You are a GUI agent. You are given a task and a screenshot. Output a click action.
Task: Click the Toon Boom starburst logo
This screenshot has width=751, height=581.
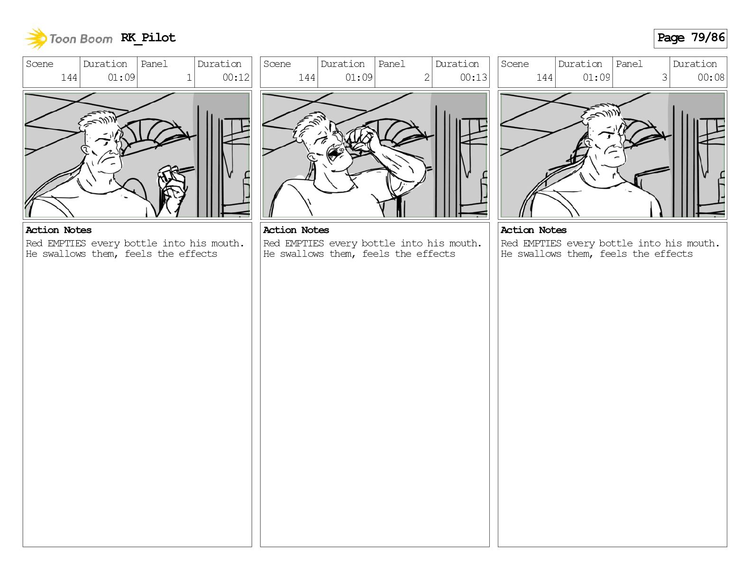click(36, 38)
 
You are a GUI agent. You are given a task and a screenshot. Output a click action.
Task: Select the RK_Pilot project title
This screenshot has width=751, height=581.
click(148, 37)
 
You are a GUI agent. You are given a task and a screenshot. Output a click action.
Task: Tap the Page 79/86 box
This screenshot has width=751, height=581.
click(690, 38)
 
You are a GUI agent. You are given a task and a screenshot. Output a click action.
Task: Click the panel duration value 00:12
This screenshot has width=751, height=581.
click(236, 77)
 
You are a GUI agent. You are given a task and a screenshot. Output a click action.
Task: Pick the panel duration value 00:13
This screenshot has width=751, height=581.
click(473, 77)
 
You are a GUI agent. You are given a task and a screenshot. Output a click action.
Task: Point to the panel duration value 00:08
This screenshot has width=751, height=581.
click(711, 77)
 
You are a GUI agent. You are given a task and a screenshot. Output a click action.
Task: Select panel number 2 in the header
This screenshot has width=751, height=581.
click(427, 77)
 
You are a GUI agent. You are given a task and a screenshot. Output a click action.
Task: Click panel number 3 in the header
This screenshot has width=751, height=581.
click(664, 77)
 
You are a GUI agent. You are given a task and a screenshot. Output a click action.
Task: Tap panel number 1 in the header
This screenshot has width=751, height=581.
click(189, 77)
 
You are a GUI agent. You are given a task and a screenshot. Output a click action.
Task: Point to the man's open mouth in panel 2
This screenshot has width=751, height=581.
click(334, 154)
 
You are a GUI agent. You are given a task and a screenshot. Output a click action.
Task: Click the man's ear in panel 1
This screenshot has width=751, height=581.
click(85, 150)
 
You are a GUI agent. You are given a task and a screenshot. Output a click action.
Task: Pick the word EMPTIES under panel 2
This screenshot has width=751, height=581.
click(304, 243)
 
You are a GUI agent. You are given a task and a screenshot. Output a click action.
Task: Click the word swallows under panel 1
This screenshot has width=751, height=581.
click(64, 254)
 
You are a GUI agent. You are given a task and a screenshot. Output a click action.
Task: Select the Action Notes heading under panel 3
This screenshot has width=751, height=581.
click(533, 230)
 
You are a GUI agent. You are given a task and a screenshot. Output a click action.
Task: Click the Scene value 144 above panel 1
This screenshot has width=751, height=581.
click(69, 77)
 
